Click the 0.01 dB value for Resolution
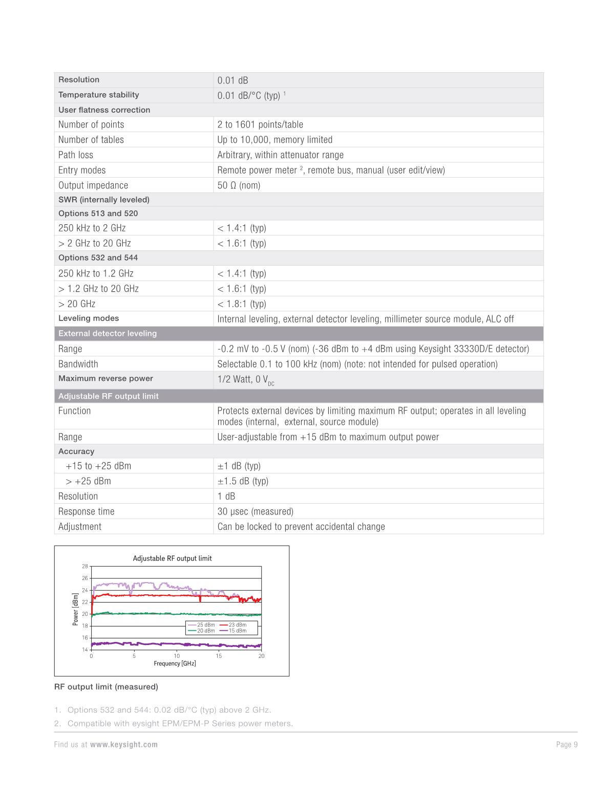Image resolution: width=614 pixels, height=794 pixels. point(232,80)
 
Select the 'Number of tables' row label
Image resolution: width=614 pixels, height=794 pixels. point(91,140)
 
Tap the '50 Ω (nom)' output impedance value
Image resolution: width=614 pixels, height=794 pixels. point(239,185)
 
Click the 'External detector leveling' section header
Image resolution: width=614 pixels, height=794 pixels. point(108,334)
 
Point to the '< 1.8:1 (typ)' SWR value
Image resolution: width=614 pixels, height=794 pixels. point(242,304)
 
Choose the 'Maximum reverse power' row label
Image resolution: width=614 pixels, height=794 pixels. point(105,379)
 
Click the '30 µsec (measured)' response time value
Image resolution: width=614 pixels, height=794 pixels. point(255,511)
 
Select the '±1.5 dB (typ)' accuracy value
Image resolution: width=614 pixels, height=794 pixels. point(243,481)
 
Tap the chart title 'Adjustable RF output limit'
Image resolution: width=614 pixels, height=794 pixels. point(172,559)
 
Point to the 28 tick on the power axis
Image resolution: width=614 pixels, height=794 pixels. point(85,566)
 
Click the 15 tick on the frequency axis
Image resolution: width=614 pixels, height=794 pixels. point(219,656)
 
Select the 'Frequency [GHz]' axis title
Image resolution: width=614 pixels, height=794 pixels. point(175,664)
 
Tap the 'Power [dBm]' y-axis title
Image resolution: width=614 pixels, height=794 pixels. point(76,609)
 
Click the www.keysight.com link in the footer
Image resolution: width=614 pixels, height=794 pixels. point(124,745)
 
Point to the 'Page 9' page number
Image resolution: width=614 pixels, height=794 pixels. point(566,745)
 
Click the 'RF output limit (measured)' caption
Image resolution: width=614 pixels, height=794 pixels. point(106,687)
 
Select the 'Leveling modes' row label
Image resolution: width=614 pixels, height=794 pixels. point(89,318)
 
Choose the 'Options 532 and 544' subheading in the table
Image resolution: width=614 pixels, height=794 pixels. point(98,258)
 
